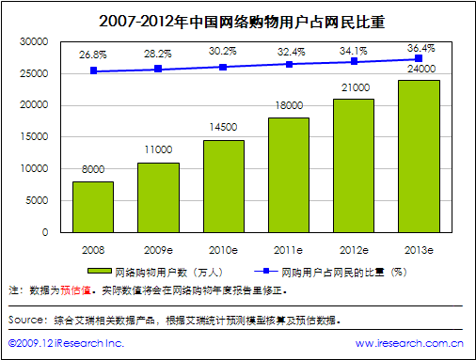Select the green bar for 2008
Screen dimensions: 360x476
click(x=93, y=207)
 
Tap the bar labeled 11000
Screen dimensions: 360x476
click(x=158, y=197)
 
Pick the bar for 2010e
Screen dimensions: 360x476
click(x=224, y=186)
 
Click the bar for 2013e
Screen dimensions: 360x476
click(x=420, y=156)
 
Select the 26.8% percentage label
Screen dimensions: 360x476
click(x=93, y=55)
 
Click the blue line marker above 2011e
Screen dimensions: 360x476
click(x=289, y=64)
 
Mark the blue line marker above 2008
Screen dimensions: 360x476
click(x=93, y=70)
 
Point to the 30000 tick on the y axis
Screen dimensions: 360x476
click(x=34, y=42)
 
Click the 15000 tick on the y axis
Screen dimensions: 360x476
click(x=34, y=137)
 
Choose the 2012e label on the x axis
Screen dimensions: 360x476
click(x=355, y=251)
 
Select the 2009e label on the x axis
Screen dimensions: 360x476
click(x=158, y=251)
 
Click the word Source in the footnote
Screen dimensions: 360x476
click(x=28, y=321)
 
